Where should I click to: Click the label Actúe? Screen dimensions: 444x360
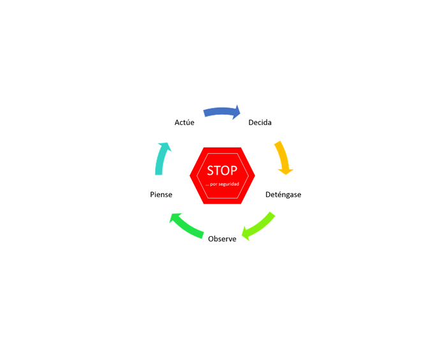click(184, 123)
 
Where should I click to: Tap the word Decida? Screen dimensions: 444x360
click(260, 123)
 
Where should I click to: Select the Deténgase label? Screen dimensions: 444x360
click(283, 195)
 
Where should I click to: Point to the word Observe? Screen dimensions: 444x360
click(222, 239)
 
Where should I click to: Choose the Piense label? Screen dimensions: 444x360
click(161, 195)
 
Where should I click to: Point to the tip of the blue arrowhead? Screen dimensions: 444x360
click(241, 113)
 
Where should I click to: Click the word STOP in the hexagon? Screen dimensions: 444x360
click(222, 170)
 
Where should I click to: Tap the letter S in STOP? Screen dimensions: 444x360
click(210, 170)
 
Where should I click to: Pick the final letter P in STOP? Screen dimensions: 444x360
click(234, 170)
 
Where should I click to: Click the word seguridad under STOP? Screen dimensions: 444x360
click(229, 184)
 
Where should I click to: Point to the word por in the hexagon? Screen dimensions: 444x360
click(214, 184)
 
